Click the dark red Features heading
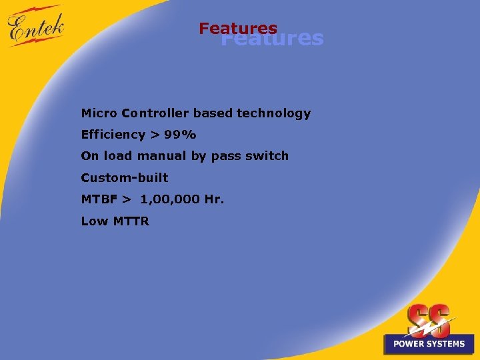click(x=237, y=29)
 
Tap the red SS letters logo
click(x=429, y=320)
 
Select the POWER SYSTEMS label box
click(x=429, y=343)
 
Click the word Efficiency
click(x=113, y=135)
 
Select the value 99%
click(x=180, y=135)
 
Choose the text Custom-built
click(x=125, y=178)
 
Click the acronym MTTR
click(x=130, y=221)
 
